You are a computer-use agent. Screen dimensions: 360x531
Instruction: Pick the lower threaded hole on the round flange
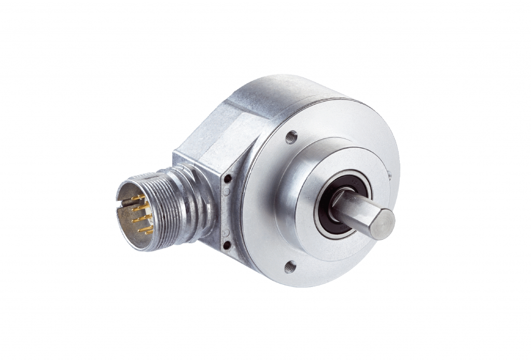(x=290, y=267)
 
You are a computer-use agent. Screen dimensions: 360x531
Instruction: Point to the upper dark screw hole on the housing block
(x=227, y=179)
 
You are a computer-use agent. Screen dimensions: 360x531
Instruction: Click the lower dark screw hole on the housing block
(x=227, y=244)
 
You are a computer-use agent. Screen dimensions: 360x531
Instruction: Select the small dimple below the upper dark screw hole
(x=226, y=191)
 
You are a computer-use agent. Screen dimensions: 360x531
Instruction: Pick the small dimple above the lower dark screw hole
(x=226, y=231)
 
